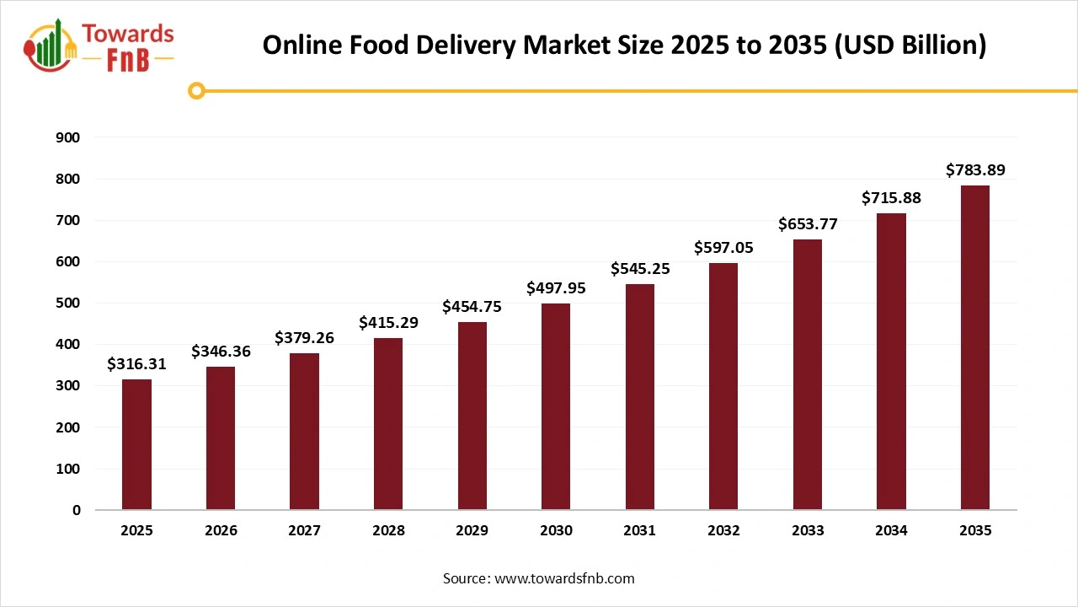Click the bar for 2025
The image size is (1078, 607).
136,444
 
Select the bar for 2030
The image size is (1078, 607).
555,406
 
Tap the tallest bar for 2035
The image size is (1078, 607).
974,347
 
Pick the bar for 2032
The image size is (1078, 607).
723,386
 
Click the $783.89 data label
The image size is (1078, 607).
974,170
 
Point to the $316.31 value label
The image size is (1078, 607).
136,364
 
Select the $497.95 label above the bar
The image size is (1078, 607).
555,288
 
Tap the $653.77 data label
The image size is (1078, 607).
807,224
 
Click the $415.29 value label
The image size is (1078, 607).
387,323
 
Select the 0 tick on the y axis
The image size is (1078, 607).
77,510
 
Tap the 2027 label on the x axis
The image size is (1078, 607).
304,531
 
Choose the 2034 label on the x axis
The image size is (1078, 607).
891,531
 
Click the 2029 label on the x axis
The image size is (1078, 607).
472,531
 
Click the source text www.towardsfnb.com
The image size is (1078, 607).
564,578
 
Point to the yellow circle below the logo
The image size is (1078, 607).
196,91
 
